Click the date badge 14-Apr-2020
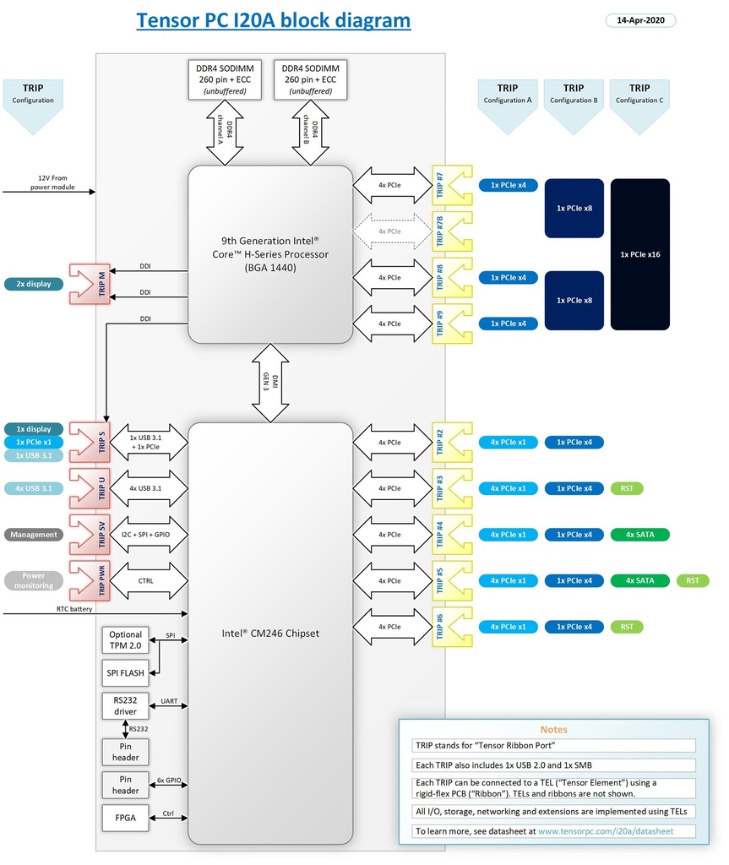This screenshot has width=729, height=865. (x=640, y=20)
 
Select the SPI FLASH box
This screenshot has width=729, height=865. (x=126, y=673)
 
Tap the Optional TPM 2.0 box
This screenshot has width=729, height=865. (x=126, y=640)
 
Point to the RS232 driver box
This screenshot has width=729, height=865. (x=126, y=705)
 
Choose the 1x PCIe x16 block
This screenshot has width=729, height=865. (x=639, y=254)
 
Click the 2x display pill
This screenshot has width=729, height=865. (x=34, y=284)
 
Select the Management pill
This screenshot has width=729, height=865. (x=34, y=535)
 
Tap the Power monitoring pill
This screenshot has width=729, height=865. (x=34, y=580)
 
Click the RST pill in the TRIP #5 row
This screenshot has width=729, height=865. (x=693, y=580)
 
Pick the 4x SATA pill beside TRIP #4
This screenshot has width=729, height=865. (x=639, y=535)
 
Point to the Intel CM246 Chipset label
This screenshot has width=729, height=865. (x=270, y=634)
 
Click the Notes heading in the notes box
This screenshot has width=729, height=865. (x=554, y=729)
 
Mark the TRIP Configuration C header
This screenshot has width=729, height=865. (x=639, y=94)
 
